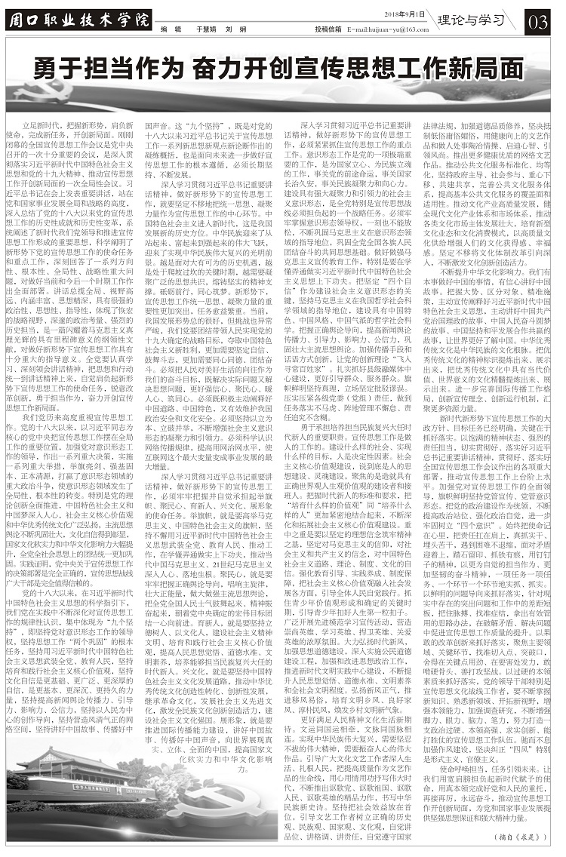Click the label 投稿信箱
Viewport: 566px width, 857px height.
coord(326,29)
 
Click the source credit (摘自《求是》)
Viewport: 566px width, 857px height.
coord(522,835)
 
